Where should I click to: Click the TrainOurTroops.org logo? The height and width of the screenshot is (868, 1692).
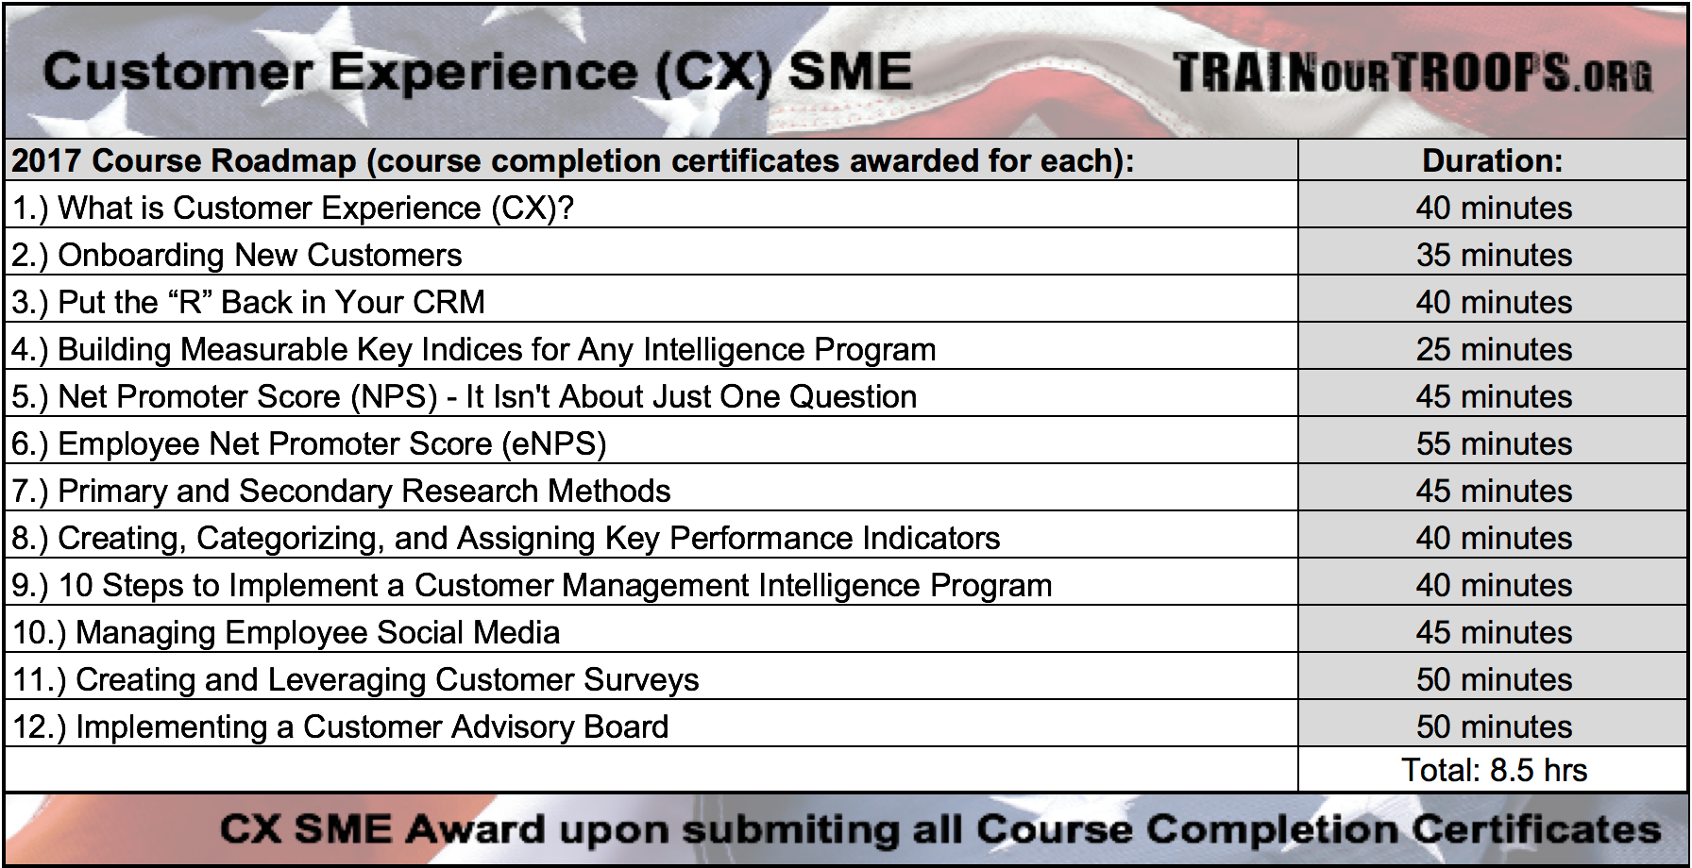point(1413,72)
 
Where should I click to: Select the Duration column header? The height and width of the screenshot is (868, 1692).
point(1493,160)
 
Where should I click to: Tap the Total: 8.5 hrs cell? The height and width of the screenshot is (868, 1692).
point(1494,770)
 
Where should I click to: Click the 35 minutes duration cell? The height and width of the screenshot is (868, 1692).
point(1494,255)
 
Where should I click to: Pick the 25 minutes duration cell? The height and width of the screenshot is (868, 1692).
point(1494,349)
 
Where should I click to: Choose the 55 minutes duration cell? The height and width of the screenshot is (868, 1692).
point(1494,443)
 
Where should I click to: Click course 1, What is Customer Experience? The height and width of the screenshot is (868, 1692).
point(293,208)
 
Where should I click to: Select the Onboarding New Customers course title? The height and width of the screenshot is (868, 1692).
point(260,255)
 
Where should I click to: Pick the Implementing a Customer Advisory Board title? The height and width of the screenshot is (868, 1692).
point(372,726)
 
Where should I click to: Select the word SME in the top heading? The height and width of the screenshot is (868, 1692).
point(850,72)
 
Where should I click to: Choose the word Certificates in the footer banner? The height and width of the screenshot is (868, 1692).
point(1536,828)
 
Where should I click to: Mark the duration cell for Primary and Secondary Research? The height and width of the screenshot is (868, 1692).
point(1494,491)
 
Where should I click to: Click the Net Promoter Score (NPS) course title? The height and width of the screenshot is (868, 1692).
point(247,396)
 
